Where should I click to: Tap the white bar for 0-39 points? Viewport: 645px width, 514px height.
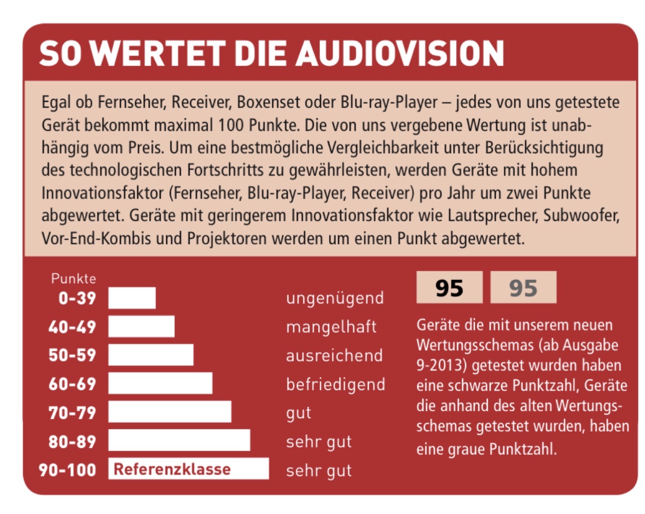[x=132, y=298]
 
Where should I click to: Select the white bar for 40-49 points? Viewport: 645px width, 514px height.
[x=141, y=327]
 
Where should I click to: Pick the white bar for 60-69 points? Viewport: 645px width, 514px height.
[x=160, y=383]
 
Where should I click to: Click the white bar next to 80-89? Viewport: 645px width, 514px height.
[x=179, y=441]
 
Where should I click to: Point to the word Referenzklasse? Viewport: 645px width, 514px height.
[x=172, y=469]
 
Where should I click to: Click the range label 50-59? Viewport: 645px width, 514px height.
[x=72, y=355]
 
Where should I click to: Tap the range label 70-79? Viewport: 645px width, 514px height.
[x=72, y=413]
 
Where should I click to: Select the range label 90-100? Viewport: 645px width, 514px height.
[x=68, y=470]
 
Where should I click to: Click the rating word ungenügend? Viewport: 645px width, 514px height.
[x=335, y=298]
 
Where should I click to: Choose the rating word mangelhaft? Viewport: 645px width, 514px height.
[x=331, y=327]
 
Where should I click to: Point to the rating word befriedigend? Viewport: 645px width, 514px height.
[x=336, y=384]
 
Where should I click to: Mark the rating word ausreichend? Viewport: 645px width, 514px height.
[x=334, y=356]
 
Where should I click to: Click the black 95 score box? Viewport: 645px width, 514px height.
[x=449, y=288]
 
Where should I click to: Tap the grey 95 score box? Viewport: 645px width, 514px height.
[x=523, y=288]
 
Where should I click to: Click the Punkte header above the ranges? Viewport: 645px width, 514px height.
[x=74, y=279]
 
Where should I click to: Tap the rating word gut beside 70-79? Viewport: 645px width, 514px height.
[x=298, y=413]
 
